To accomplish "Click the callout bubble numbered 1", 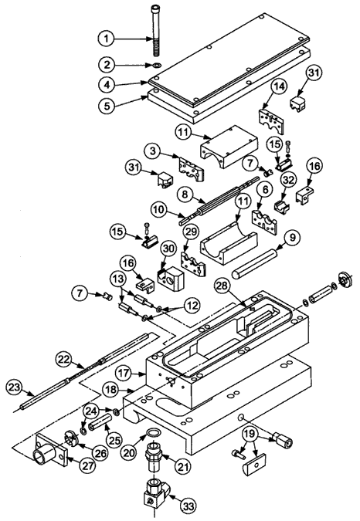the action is click(107, 39).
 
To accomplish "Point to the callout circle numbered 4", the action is click(107, 84).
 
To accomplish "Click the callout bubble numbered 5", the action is click(107, 107).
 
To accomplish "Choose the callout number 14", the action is click(279, 87).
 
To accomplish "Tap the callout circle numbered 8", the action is click(185, 194).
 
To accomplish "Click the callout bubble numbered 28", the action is click(224, 286).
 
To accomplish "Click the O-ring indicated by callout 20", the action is click(154, 433).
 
